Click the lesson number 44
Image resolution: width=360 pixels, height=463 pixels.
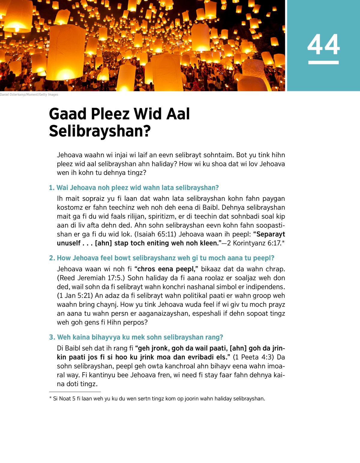[x=323, y=44]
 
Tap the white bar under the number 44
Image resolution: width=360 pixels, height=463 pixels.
[x=323, y=62]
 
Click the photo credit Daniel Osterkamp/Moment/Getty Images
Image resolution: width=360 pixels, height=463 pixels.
[x=29, y=95]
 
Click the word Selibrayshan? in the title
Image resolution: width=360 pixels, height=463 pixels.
[x=100, y=131]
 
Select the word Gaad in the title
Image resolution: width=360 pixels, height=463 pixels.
[x=68, y=114]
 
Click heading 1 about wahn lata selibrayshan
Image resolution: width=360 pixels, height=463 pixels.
[x=134, y=188]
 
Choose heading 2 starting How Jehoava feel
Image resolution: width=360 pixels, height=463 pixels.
[x=162, y=258]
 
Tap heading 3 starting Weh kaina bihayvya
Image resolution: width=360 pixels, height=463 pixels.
[x=136, y=337]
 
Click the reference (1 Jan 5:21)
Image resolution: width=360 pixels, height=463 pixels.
[x=75, y=296]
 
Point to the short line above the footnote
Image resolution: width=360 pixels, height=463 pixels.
[x=75, y=392]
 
